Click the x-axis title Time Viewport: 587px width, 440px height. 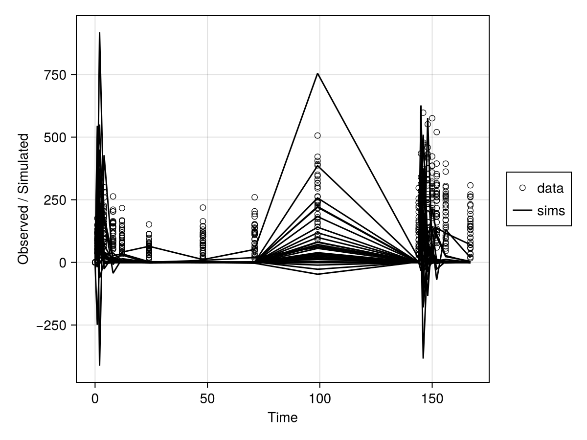tap(282, 418)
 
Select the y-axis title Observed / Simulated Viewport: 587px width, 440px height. tap(23, 198)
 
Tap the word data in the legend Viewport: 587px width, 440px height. tap(550, 188)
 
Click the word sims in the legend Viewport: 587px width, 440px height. tap(551, 211)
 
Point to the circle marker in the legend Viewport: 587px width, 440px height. tap(522, 188)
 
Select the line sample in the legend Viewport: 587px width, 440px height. tap(522, 211)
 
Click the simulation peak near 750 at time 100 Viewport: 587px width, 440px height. tap(317, 73)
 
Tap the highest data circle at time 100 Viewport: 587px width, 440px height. tap(317, 135)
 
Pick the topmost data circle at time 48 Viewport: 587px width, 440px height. tap(203, 207)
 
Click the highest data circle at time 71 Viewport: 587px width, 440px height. tap(254, 197)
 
